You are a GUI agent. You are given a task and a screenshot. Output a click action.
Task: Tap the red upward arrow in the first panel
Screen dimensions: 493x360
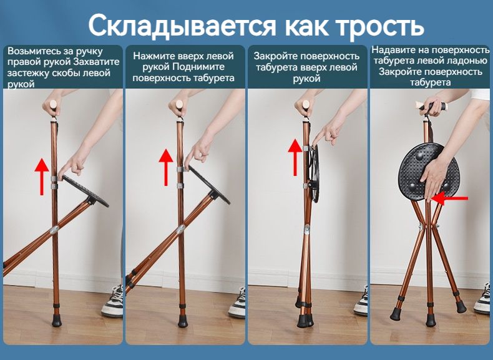[x=42, y=177]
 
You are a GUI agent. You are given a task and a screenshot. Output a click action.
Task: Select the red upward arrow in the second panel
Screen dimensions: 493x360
[x=166, y=167]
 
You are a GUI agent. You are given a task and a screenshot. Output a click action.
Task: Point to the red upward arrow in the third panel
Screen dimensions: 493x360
[x=295, y=157]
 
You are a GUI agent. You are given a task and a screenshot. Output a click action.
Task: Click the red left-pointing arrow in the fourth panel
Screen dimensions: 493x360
[x=449, y=198]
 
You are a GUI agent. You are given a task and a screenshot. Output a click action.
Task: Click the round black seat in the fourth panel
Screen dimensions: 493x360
[x=429, y=172]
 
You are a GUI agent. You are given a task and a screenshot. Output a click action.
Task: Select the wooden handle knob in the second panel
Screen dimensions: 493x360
[x=180, y=104]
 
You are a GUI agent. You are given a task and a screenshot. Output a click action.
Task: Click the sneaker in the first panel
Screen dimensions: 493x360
[x=112, y=301]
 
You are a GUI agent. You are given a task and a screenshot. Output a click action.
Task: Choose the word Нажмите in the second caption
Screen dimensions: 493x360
[x=154, y=56]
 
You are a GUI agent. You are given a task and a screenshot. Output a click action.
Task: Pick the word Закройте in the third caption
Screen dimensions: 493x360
[x=275, y=56]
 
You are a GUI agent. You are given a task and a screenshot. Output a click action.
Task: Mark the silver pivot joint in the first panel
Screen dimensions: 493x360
[x=54, y=230]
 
